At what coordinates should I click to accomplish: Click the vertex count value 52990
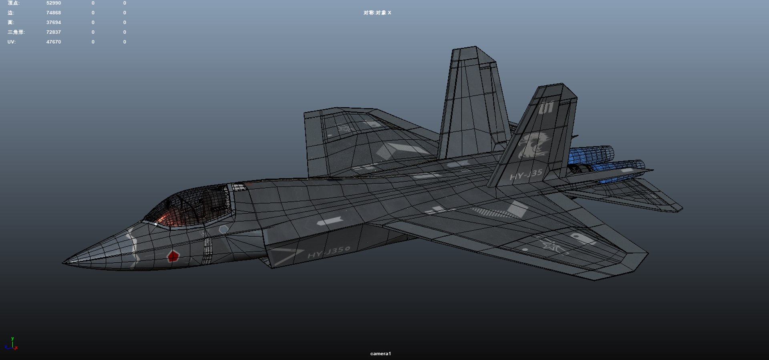click(x=53, y=3)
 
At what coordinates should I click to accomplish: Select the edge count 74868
click(x=53, y=13)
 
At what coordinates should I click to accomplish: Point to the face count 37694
click(x=53, y=22)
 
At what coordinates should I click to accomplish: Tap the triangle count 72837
click(x=53, y=32)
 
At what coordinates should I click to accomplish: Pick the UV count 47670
click(x=53, y=42)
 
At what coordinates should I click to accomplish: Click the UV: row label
click(x=11, y=42)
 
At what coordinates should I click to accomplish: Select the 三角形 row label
click(x=16, y=32)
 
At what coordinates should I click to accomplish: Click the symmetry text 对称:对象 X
click(x=377, y=13)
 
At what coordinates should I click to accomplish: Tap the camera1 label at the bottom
click(x=380, y=354)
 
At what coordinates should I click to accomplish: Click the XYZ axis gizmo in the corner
click(x=12, y=345)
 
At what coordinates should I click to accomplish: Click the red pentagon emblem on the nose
click(x=173, y=255)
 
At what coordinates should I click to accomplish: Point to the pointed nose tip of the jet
click(x=64, y=263)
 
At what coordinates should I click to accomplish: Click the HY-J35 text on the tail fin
click(x=526, y=175)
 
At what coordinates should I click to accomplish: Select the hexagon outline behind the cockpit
click(x=223, y=229)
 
